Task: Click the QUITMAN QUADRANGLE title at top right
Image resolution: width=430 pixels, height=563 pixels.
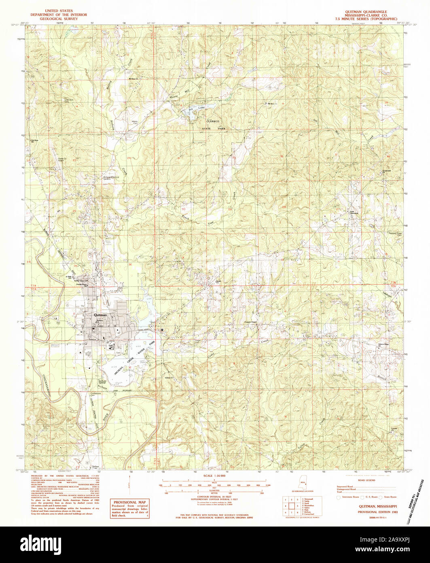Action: click(x=364, y=12)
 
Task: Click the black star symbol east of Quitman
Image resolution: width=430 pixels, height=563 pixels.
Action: click(x=162, y=331)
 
